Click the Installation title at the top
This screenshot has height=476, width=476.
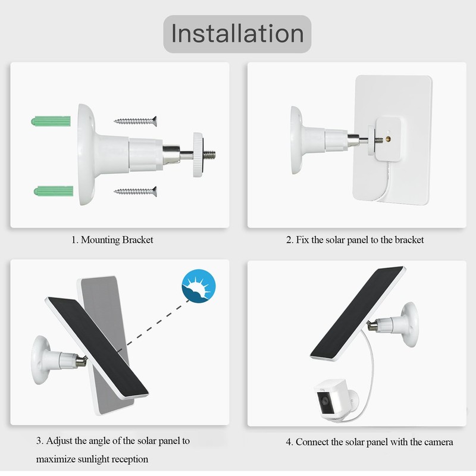point(237,34)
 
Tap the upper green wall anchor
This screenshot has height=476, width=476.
point(51,121)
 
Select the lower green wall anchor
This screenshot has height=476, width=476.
point(54,191)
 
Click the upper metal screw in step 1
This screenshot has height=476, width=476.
point(136,121)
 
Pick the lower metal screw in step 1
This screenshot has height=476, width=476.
point(136,191)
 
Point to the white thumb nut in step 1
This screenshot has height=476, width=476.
point(198,155)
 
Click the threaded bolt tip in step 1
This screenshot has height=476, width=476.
point(209,155)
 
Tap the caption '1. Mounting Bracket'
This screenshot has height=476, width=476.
point(112,240)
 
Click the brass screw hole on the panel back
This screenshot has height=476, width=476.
point(389,139)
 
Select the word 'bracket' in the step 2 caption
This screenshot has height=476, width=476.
point(409,240)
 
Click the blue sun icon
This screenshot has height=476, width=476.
point(199,286)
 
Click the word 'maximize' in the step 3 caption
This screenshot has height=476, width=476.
point(56,459)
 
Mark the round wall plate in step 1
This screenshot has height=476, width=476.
point(86,155)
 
